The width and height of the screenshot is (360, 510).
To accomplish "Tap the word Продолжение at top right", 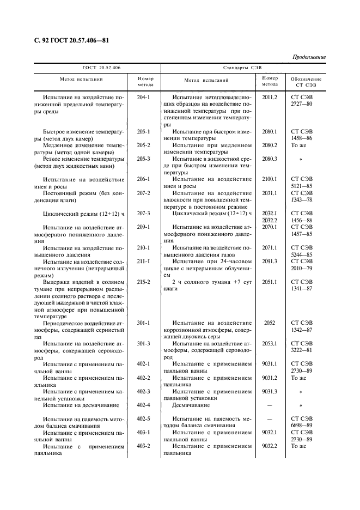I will [x=309, y=57].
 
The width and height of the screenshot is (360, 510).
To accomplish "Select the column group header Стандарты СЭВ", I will [x=242, y=68].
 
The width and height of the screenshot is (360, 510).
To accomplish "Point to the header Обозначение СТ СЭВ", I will [x=306, y=82].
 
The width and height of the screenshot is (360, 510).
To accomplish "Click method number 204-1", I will [x=143, y=97].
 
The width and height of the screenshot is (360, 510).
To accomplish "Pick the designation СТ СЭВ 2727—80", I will [x=302, y=100].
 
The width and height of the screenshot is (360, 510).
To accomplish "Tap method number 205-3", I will [x=143, y=159].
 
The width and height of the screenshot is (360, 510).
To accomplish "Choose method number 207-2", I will [x=143, y=193].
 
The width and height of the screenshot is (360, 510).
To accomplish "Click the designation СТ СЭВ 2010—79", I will [x=302, y=264].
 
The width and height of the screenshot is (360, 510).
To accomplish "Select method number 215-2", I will [x=143, y=282].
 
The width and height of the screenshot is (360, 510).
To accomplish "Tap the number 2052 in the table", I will [x=270, y=323].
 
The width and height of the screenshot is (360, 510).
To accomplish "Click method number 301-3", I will [x=143, y=343].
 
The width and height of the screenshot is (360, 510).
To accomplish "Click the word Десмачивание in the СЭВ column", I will [x=191, y=405].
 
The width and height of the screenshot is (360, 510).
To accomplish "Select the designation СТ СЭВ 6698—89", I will [x=302, y=422].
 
